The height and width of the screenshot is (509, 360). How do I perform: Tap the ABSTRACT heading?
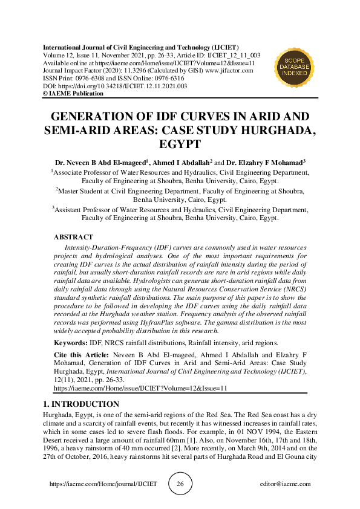pyautogui.click(x=73, y=238)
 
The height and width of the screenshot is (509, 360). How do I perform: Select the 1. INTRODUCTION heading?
pyautogui.click(x=81, y=404)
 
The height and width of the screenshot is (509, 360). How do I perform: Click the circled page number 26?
pyautogui.click(x=180, y=484)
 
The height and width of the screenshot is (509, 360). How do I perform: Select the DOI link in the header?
pyautogui.click(x=121, y=86)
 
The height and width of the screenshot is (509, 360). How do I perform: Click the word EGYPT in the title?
pyautogui.click(x=179, y=145)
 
